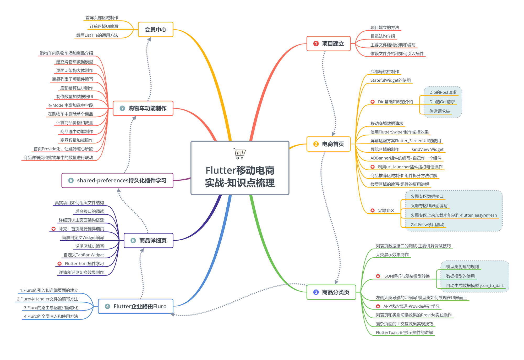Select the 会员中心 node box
point(156,30)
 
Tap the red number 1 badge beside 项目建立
point(316,44)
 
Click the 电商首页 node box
point(329,144)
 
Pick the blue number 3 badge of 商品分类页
point(316,292)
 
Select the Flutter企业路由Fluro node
point(136,306)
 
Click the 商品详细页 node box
point(149,241)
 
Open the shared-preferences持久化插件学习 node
point(117,180)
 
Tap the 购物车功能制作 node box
point(143,108)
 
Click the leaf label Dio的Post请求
point(443,92)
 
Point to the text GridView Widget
point(428,149)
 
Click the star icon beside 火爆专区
point(373,211)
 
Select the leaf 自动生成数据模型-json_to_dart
point(475,286)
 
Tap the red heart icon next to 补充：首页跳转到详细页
point(53,229)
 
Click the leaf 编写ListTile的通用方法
point(97,35)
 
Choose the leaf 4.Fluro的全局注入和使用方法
point(51,317)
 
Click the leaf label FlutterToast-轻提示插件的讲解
point(404,333)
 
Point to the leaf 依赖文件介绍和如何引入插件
point(397,54)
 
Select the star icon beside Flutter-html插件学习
point(60,264)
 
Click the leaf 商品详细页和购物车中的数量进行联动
point(58,158)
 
